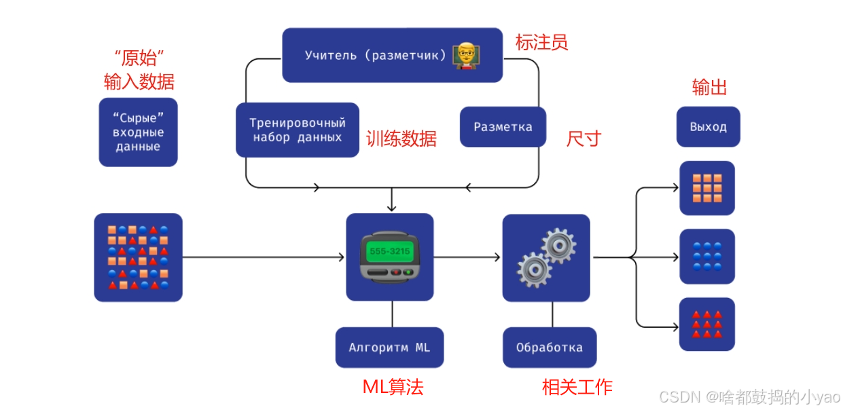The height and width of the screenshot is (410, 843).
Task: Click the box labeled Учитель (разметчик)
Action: [392, 55]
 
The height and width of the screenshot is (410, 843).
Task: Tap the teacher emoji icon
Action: [466, 54]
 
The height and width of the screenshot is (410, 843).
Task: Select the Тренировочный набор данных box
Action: [298, 130]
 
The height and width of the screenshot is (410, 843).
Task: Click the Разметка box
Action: [503, 127]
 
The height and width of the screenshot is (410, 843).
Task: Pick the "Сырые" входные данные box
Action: [138, 132]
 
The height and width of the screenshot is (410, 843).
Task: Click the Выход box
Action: [708, 127]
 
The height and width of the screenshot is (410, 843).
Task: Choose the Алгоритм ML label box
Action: [389, 348]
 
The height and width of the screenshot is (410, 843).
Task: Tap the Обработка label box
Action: [549, 348]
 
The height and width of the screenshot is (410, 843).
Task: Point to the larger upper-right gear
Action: [558, 245]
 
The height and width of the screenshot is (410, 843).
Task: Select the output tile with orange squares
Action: [707, 188]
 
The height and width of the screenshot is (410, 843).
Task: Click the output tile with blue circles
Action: [707, 257]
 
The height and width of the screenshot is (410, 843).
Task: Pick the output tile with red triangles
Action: [707, 324]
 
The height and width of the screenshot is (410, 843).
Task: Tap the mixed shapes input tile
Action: [138, 257]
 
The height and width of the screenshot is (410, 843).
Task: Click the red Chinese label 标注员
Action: [541, 42]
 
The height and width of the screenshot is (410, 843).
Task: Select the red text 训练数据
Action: [401, 138]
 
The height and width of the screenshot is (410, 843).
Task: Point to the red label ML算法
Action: [393, 387]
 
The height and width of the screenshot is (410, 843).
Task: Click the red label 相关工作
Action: [577, 387]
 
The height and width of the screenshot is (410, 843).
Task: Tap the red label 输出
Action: [709, 87]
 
